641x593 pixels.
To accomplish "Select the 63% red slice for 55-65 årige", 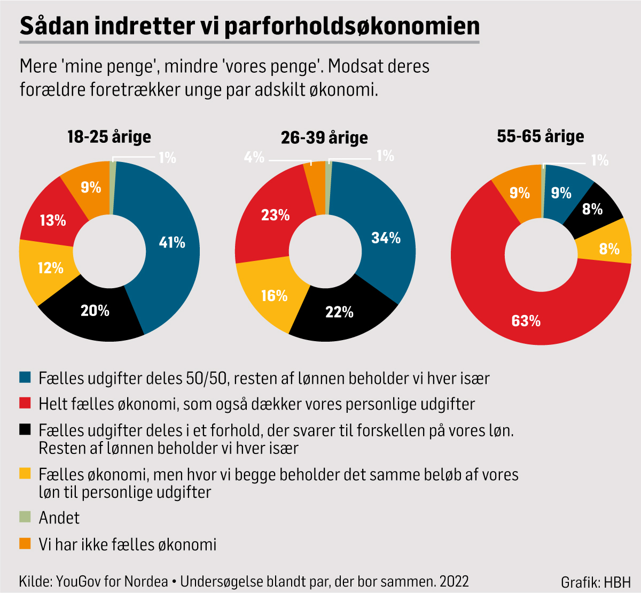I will [x=526, y=320].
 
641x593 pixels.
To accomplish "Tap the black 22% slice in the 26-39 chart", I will [x=339, y=312].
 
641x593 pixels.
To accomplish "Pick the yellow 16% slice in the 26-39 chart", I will [x=274, y=296].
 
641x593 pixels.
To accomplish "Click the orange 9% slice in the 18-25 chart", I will [x=91, y=187].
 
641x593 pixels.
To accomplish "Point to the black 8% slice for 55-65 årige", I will [x=592, y=209].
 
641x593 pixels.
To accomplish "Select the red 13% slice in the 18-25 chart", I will [x=53, y=220].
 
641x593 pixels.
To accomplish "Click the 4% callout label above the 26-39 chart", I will [x=254, y=157].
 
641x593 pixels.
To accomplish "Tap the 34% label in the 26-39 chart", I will [x=386, y=238].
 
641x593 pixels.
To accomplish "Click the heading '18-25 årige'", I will [x=109, y=137].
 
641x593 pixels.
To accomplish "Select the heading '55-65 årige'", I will [x=540, y=136].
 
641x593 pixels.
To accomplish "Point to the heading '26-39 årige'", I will [x=324, y=138].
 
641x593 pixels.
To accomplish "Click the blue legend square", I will [x=25, y=378].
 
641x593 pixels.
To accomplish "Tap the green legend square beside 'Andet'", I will [x=25, y=517].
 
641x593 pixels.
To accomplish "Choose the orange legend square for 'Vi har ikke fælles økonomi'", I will [x=25, y=544].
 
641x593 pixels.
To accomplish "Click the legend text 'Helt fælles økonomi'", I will [x=107, y=404].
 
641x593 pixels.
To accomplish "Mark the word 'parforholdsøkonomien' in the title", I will [x=351, y=26].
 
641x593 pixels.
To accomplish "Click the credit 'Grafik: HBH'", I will [x=595, y=582].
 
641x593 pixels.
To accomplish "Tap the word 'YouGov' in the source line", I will [x=80, y=581].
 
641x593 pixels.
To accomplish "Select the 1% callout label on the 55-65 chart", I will [x=599, y=160].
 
